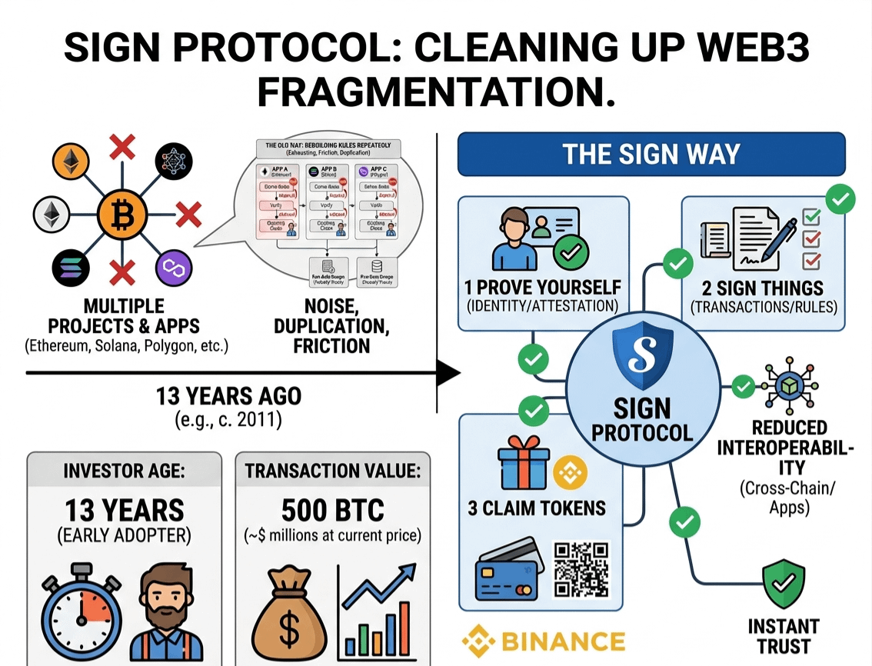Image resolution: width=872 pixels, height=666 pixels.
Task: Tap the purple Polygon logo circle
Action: pyautogui.click(x=172, y=269)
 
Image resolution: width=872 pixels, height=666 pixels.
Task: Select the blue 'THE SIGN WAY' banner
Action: pyautogui.click(x=651, y=154)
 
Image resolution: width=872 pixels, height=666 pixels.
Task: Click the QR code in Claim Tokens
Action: pyautogui.click(x=581, y=569)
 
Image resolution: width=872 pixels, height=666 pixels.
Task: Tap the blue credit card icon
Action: pyautogui.click(x=504, y=574)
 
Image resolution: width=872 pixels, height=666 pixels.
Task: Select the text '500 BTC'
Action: pyautogui.click(x=332, y=511)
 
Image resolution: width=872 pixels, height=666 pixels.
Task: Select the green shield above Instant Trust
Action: pyautogui.click(x=783, y=586)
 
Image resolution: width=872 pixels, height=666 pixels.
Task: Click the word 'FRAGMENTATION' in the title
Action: pyautogui.click(x=436, y=92)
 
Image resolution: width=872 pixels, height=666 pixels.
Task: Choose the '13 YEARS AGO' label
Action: pyautogui.click(x=228, y=397)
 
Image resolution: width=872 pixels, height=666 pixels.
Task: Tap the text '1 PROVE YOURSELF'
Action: pyautogui.click(x=542, y=288)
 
